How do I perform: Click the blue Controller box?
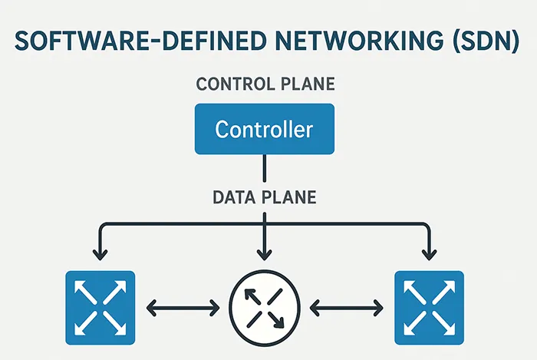(264, 128)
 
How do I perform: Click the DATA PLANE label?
(264, 197)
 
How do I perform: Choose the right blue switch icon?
(428, 307)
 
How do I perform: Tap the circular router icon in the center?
(264, 308)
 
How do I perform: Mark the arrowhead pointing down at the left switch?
(98, 253)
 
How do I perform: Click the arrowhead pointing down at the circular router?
(264, 253)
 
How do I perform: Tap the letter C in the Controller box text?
(222, 129)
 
